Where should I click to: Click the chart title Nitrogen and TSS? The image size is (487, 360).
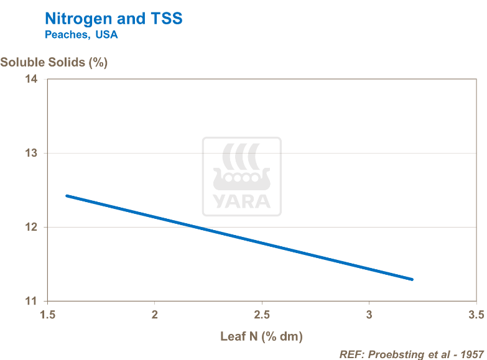coord(114,19)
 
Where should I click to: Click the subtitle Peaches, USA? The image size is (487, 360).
coord(81,35)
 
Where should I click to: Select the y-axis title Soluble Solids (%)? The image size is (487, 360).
coord(54,63)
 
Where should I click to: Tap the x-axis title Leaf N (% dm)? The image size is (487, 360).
coord(261,337)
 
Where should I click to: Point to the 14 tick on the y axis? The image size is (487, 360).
coord(31,80)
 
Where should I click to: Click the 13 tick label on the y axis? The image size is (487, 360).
coord(31,154)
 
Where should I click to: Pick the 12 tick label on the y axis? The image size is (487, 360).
coord(31,228)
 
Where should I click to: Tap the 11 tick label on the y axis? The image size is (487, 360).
coord(31,302)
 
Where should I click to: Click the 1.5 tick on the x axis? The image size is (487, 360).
coord(47,315)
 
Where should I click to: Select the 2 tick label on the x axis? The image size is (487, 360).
coord(155,315)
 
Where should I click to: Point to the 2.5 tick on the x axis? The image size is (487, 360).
coord(262,315)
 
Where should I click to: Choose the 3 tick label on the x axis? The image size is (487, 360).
coord(369,315)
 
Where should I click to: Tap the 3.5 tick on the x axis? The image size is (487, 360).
coord(476,315)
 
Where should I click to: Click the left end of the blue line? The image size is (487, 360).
coord(67,196)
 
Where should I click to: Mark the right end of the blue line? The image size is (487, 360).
coord(412,279)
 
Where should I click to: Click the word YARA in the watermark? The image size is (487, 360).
coord(242,201)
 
